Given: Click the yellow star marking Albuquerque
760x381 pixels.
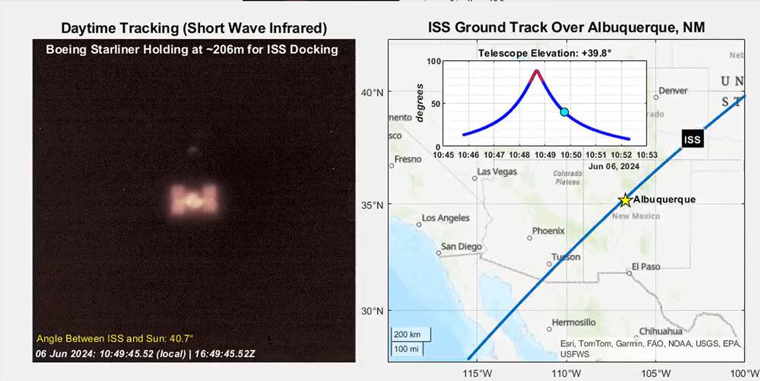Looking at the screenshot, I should [625, 200].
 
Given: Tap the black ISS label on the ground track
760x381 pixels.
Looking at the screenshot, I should [693, 139].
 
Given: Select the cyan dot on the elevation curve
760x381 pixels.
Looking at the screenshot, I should [564, 112].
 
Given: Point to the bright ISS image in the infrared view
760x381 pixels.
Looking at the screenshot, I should [194, 200].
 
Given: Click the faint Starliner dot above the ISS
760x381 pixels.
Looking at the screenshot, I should [192, 150].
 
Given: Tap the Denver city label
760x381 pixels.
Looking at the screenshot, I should [673, 91].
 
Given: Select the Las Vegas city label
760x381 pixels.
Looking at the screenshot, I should [497, 172].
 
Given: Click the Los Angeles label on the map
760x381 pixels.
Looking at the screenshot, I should [446, 218].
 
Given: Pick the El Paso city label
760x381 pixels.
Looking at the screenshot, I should [646, 267].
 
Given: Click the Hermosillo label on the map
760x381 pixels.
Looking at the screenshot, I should [574, 322].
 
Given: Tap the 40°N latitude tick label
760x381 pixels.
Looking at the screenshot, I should [372, 93].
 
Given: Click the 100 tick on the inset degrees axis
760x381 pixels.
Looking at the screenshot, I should [433, 61].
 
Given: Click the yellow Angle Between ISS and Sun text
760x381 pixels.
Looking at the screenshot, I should [115, 339].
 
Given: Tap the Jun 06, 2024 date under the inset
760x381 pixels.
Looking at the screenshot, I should [613, 165].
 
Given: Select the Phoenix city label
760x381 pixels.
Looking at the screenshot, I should [548, 231].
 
